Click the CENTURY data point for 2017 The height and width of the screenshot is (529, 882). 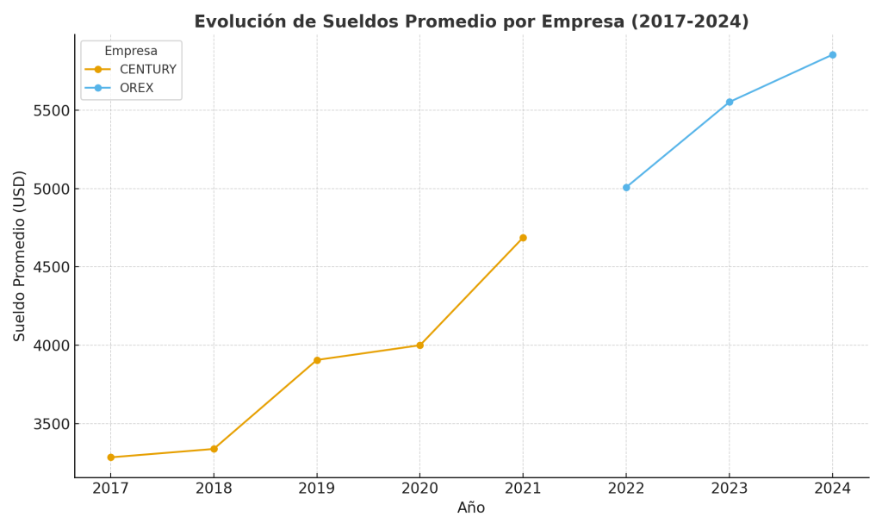click(110, 457)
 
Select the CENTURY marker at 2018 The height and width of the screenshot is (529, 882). click(214, 449)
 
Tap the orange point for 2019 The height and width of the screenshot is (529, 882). click(317, 360)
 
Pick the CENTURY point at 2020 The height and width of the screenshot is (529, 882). click(419, 345)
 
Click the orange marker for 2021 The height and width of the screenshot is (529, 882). click(523, 238)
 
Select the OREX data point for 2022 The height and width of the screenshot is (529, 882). click(626, 187)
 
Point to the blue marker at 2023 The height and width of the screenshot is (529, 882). click(730, 102)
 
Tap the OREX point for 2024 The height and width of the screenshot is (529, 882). click(832, 55)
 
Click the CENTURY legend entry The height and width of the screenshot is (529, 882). click(147, 70)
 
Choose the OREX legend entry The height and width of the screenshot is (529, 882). click(136, 88)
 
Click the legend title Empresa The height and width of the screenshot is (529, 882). click(131, 52)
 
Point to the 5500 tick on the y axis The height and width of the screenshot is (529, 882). click(49, 110)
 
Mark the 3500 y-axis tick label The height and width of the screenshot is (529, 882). click(49, 424)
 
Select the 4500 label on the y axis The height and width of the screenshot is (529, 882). click(49, 267)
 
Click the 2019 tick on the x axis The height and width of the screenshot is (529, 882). click(317, 489)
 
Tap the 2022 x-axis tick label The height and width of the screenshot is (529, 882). click(626, 489)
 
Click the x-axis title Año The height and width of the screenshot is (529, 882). click(471, 508)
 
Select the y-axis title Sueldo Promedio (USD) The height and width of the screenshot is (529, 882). click(20, 256)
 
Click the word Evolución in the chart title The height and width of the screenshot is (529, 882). click(237, 22)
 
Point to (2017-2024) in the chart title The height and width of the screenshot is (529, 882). click(691, 22)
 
